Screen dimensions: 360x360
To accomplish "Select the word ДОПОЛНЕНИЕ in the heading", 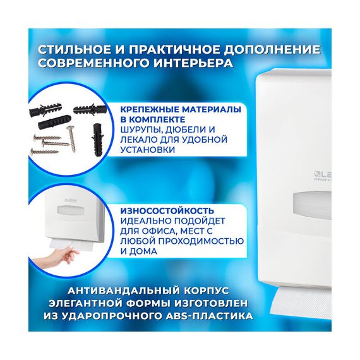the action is click(272, 50).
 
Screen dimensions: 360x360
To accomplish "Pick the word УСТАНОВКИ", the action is click(148, 150).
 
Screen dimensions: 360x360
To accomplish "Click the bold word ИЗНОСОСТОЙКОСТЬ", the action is click(167, 210).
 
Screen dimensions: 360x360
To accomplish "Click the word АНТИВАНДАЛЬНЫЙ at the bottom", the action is click(121, 291).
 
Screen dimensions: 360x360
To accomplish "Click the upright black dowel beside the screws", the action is click(96, 140).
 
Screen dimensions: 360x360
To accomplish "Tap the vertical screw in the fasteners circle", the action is click(71, 139).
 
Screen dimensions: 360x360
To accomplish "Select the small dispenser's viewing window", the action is click(71, 210).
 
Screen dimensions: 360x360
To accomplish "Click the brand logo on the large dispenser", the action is click(323, 176).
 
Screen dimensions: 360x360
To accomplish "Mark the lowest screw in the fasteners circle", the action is click(45, 152).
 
